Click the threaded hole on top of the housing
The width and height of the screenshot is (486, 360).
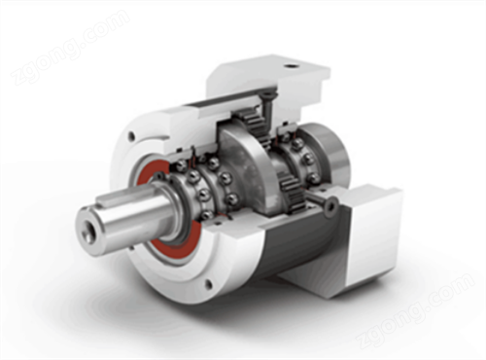point(291,67)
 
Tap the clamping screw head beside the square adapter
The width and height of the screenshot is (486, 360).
point(333,203)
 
